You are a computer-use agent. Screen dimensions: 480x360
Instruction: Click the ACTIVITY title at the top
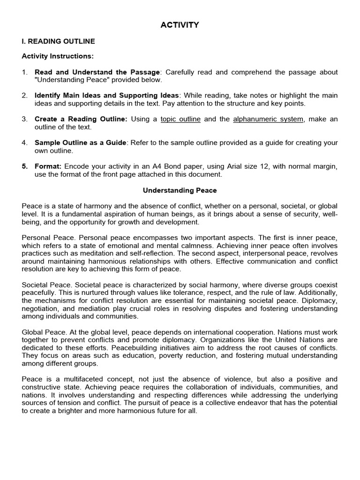point(180,25)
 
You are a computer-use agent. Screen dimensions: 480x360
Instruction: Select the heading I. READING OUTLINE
point(59,41)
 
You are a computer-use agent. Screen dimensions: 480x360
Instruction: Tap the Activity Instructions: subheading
point(58,56)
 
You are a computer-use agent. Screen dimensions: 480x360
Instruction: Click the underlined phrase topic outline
point(180,119)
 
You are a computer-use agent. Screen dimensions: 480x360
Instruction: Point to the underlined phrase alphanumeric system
point(268,119)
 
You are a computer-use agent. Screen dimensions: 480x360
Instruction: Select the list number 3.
point(25,119)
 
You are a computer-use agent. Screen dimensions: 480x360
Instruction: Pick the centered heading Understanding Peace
point(180,191)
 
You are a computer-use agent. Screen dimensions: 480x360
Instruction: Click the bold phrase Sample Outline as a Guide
point(80,142)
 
